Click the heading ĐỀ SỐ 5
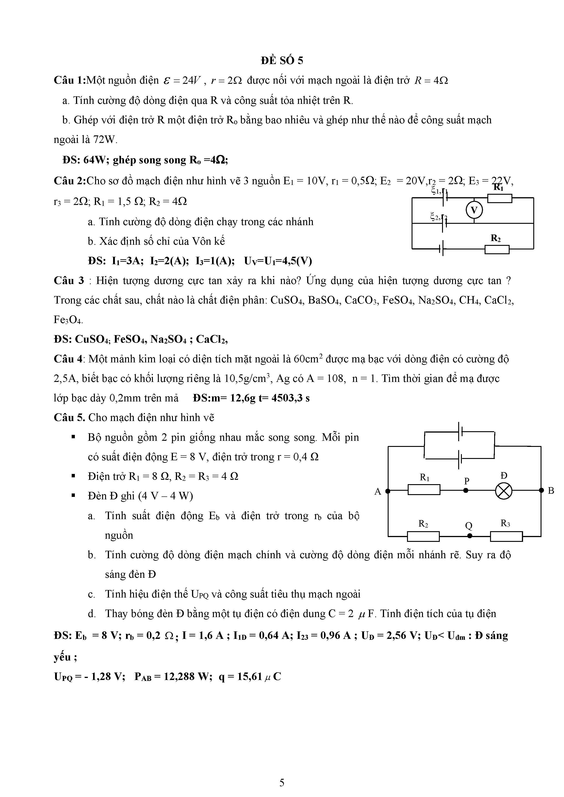[282, 61]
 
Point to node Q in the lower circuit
[470, 536]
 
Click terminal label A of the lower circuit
[378, 491]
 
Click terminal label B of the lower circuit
[551, 491]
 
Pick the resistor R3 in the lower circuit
[506, 536]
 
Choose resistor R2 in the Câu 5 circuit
[423, 536]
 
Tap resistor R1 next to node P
[424, 490]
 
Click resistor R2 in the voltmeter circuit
[497, 249]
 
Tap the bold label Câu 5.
[69, 418]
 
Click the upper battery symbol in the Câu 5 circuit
[461, 431]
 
